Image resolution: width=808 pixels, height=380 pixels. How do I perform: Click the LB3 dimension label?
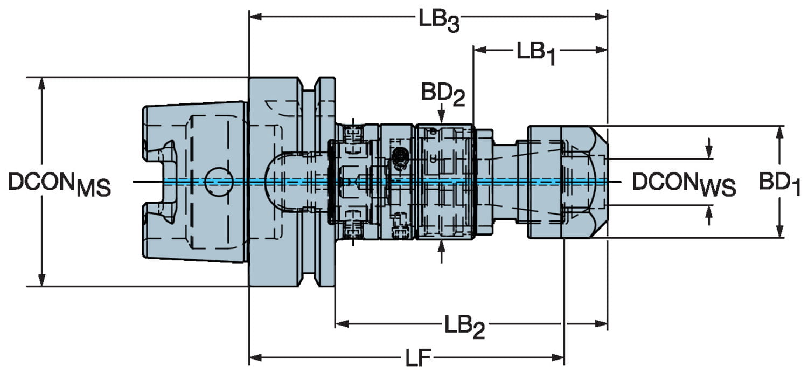pyautogui.click(x=438, y=20)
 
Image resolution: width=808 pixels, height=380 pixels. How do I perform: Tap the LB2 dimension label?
pyautogui.click(x=464, y=326)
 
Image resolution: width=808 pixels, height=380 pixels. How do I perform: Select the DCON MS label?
pyautogui.click(x=59, y=184)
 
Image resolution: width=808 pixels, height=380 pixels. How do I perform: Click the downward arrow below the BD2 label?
pyautogui.click(x=442, y=116)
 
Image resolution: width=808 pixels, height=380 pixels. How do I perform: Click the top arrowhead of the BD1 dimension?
pyautogui.click(x=779, y=133)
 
